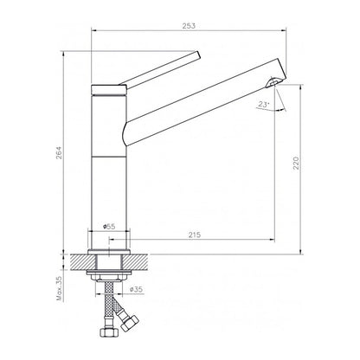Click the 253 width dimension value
(x=189, y=26)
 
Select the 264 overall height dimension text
(x=59, y=153)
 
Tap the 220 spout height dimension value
(x=297, y=163)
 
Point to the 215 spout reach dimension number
(x=195, y=235)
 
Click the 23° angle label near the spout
(x=263, y=105)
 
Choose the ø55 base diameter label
(x=109, y=227)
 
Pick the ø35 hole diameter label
(x=136, y=289)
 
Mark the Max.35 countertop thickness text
(x=60, y=288)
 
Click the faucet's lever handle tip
(x=198, y=55)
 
